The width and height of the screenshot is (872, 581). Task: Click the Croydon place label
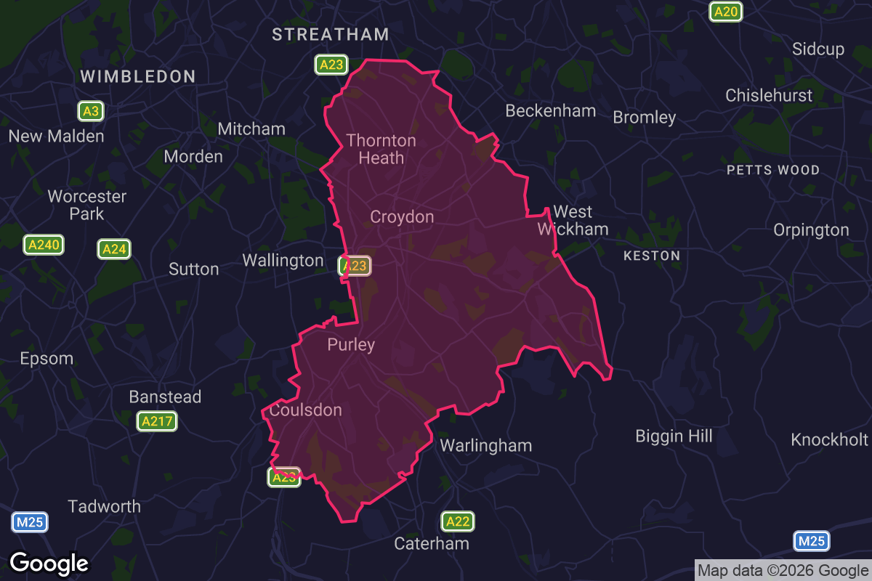[x=402, y=216]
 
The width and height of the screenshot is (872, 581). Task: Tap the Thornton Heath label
[x=381, y=149]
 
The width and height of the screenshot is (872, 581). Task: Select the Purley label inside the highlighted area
[x=351, y=344]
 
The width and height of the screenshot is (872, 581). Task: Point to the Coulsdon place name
[x=305, y=410]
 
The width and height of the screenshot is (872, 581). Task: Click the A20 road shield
[x=725, y=12]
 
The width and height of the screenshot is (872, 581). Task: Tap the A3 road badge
[x=90, y=111]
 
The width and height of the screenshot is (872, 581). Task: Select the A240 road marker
[x=44, y=245]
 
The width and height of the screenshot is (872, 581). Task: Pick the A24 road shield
[x=114, y=250]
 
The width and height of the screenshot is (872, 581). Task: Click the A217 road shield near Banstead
[x=157, y=421]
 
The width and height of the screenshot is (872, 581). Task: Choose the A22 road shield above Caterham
[x=458, y=521]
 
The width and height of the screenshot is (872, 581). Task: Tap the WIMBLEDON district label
[x=137, y=76]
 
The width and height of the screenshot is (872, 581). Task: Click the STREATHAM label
[x=331, y=34]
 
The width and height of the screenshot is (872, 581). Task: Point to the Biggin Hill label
[x=674, y=436]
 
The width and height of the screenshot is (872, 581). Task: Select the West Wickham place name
[x=573, y=220]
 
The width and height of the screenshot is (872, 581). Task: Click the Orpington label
[x=811, y=230]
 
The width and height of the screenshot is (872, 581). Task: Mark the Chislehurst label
[x=769, y=95]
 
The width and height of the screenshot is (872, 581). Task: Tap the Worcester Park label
[x=87, y=205]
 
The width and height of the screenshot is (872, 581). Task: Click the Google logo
[x=49, y=563]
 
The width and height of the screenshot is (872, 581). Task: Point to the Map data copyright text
[x=783, y=570]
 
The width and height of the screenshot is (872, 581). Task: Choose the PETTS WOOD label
[x=773, y=170]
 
